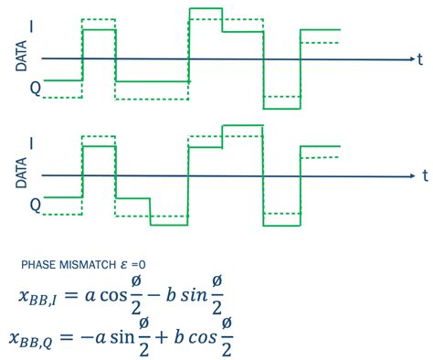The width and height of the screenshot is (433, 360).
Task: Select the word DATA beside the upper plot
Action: click(21, 59)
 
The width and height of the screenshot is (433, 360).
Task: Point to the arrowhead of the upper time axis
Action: click(410, 59)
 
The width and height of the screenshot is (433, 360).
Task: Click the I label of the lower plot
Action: click(35, 144)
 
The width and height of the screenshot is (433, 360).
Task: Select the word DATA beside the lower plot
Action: click(21, 175)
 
